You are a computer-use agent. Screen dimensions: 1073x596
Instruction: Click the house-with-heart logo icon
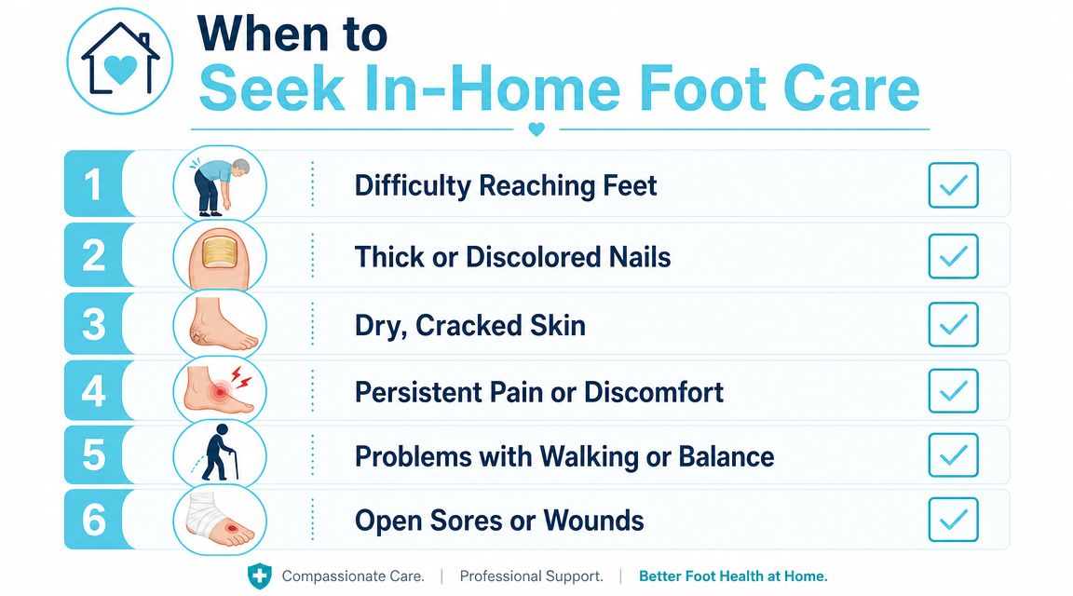pos(120,61)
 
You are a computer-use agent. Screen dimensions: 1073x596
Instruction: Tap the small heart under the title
pos(536,129)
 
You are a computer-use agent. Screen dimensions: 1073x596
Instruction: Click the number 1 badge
pos(94,184)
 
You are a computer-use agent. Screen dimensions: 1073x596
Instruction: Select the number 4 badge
pos(94,391)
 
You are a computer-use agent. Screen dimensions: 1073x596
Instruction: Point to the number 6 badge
pos(94,520)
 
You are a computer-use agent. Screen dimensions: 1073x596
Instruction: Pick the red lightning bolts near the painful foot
pos(239,375)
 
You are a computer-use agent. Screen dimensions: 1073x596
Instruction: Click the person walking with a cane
pos(218,453)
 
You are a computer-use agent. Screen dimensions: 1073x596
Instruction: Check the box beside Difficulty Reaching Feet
pos(953,184)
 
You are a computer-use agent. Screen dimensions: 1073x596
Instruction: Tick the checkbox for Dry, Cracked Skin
pos(953,324)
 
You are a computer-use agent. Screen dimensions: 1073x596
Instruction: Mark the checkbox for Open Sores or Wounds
pos(953,520)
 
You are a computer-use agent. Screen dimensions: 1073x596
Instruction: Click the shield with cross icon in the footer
pos(259,576)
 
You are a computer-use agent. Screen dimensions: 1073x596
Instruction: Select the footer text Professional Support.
pos(532,576)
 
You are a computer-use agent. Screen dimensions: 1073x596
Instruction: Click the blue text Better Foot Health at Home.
pos(733,576)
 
